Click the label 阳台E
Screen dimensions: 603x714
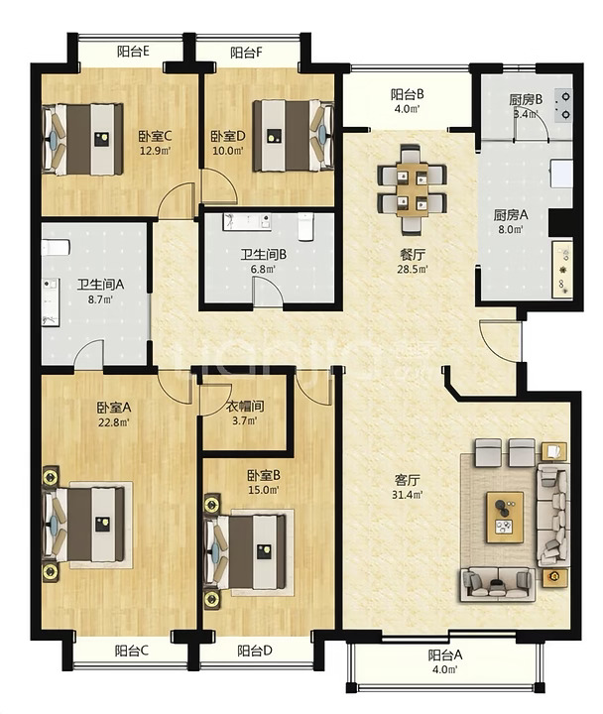[133, 52]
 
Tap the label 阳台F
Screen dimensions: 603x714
[246, 53]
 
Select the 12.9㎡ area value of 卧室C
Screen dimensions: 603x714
[155, 151]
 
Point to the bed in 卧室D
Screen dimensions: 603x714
[294, 135]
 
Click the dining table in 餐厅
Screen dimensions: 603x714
[413, 189]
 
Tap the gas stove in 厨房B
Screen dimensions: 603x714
[563, 106]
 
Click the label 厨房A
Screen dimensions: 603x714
[511, 215]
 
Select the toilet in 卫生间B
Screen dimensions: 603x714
[305, 226]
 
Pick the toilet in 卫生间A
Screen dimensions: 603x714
[56, 248]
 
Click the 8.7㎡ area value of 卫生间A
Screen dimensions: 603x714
[100, 299]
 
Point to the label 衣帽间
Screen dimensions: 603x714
[245, 406]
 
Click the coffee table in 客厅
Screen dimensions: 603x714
[505, 518]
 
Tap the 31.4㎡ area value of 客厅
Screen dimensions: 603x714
[407, 494]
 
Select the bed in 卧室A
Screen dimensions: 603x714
[83, 525]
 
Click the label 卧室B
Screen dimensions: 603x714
[264, 475]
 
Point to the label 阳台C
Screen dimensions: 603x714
[132, 651]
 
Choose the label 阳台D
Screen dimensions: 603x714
[255, 651]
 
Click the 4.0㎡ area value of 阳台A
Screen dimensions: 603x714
[444, 669]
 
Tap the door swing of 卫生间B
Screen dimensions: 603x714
[268, 291]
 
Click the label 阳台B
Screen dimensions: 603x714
[408, 94]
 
